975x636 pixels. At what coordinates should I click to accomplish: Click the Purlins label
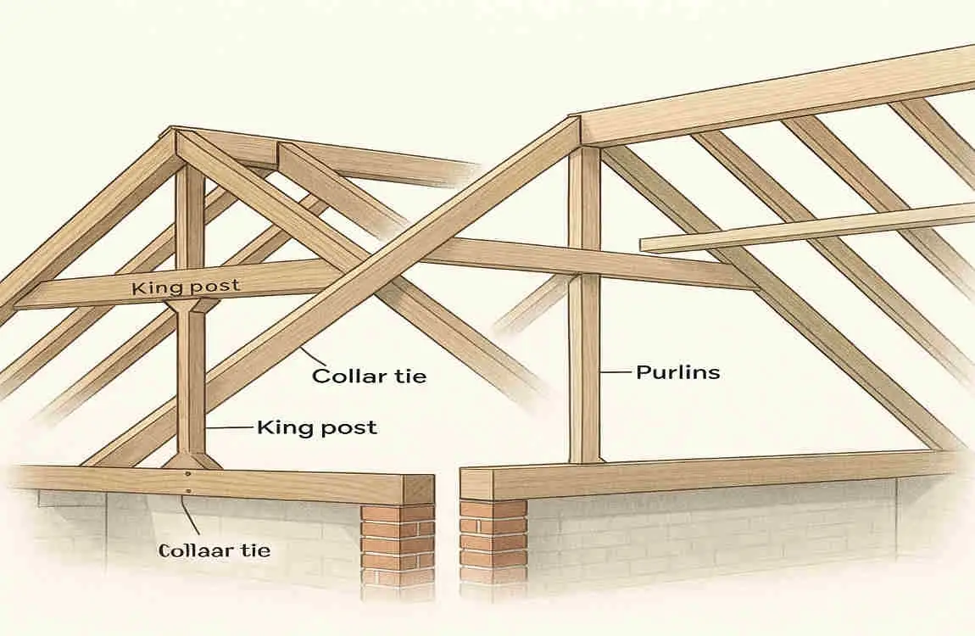coord(678,372)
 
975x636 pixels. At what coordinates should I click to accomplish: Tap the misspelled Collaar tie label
coord(214,550)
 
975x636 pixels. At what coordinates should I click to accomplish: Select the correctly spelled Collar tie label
coord(369,375)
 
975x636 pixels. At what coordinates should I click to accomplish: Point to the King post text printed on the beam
coord(186,287)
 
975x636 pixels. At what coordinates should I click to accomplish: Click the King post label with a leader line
coord(316,427)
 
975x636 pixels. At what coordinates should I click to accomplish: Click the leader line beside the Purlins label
coord(616,372)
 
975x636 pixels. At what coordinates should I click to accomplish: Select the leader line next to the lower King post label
coord(230,428)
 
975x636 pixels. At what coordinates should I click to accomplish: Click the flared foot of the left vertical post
coord(192,460)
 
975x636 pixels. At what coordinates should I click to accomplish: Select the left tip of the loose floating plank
coord(644,245)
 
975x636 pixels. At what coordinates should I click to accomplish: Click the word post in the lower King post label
coord(348,428)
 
